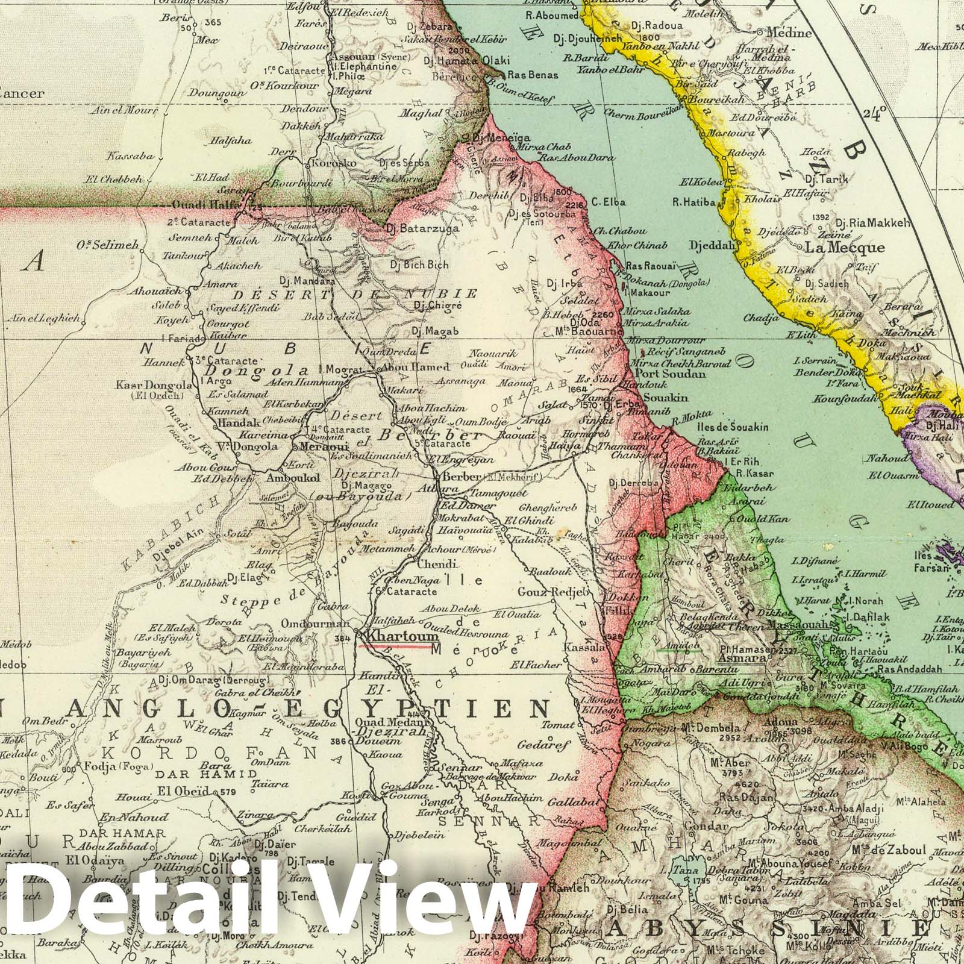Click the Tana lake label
[681, 869]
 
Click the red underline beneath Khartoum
[395, 646]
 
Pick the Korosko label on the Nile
[330, 163]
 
